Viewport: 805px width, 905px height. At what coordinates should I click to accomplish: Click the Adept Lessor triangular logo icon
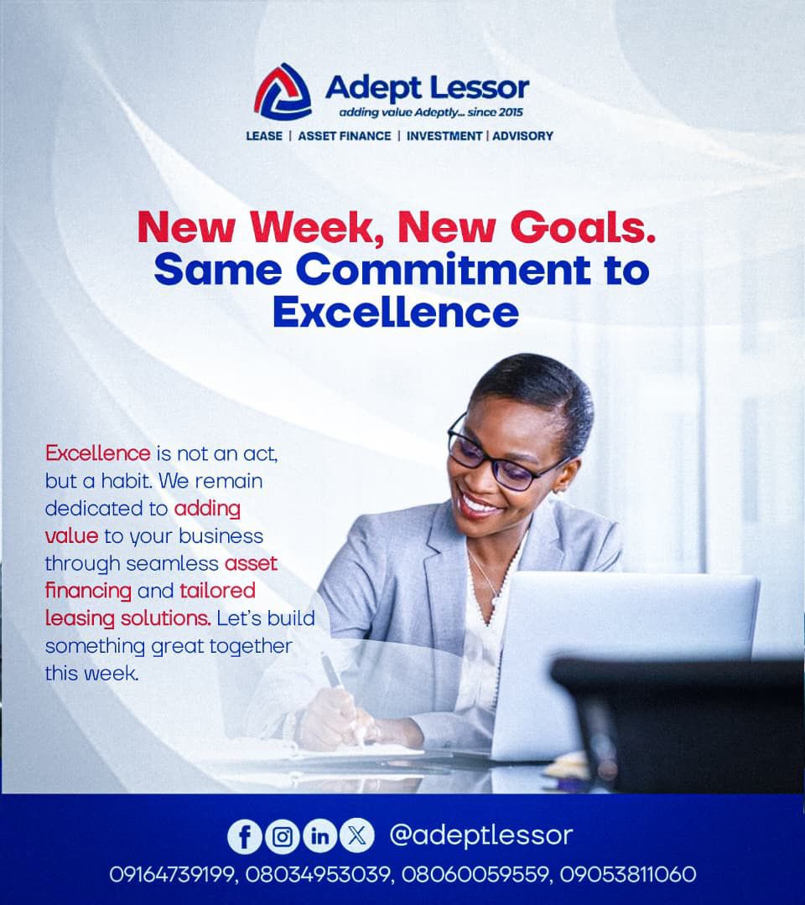click(x=283, y=90)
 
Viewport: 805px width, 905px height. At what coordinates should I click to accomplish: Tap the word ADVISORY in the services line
click(x=522, y=136)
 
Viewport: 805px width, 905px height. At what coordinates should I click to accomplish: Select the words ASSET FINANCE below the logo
click(x=345, y=136)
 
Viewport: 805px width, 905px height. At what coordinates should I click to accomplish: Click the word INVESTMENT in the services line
click(x=444, y=136)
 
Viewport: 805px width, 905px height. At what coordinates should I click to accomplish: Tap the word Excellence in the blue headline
click(x=395, y=312)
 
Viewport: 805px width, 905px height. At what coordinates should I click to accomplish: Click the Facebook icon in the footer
click(x=245, y=836)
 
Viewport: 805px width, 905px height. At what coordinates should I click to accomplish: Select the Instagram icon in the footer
click(x=282, y=836)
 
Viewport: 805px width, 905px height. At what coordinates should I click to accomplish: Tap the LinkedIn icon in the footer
click(x=319, y=836)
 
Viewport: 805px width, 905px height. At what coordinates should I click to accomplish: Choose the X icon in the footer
click(x=357, y=836)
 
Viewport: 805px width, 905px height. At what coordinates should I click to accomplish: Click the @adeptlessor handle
click(x=481, y=835)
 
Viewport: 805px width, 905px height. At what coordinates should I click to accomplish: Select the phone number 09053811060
click(x=634, y=875)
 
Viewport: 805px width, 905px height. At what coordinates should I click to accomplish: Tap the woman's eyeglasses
click(x=493, y=458)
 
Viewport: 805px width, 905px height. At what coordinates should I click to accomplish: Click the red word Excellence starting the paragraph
click(x=97, y=454)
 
